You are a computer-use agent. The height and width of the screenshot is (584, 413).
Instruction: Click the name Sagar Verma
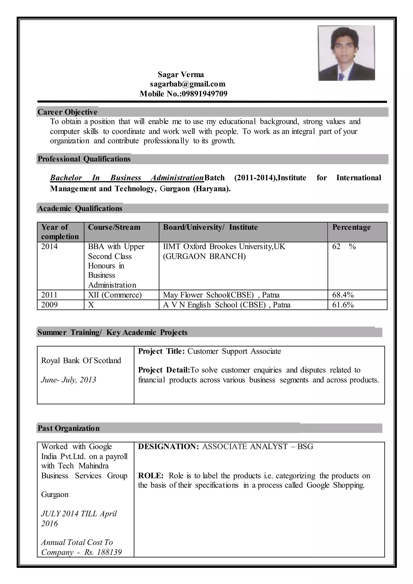point(181,74)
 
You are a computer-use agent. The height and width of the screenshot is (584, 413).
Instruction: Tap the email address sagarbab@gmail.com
point(187,84)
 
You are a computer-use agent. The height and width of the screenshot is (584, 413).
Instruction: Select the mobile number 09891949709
point(204,94)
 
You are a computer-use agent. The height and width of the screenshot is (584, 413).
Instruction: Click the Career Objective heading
point(67,112)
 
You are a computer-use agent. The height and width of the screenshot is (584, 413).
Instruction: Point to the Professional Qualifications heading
point(84,159)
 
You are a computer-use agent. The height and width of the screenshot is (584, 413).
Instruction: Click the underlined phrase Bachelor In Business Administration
point(127,178)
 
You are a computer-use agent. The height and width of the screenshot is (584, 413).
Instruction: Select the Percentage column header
point(351,227)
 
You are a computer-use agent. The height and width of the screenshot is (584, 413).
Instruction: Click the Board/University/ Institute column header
point(210,227)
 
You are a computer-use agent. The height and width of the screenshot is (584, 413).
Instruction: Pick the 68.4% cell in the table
point(343,295)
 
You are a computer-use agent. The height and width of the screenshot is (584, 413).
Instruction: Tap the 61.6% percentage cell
point(343,305)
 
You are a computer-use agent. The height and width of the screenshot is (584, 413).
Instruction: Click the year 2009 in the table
point(49,305)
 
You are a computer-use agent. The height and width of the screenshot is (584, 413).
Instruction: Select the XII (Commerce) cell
point(115,295)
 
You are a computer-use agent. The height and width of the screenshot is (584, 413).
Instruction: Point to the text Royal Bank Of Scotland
point(81,361)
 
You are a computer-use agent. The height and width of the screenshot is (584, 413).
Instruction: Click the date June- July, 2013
point(68,380)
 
